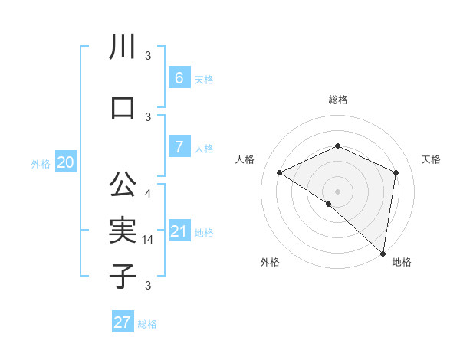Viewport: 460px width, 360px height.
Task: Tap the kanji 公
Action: coord(123,185)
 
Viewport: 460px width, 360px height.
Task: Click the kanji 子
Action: coord(123,275)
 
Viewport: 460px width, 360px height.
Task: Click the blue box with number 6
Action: coord(179,77)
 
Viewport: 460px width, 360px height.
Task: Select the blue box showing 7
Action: coord(179,146)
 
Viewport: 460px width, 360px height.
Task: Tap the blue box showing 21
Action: coord(179,231)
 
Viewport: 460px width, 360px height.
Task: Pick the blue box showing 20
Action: coord(66,162)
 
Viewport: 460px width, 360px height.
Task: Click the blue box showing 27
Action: coord(123,322)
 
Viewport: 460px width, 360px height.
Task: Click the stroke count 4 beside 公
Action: coord(148,193)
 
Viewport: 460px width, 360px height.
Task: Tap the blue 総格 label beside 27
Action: coord(147,324)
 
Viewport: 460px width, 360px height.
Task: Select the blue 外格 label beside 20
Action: coord(41,163)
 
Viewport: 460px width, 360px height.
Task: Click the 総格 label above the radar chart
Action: coord(337,100)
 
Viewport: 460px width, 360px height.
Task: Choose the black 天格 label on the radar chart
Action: coord(431,159)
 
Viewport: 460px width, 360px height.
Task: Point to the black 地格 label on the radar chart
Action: coord(402,262)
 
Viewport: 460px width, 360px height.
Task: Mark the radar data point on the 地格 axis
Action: coord(383,254)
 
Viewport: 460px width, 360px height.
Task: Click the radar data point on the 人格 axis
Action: coord(280,173)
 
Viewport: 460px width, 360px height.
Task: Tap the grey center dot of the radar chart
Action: coord(337,191)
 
